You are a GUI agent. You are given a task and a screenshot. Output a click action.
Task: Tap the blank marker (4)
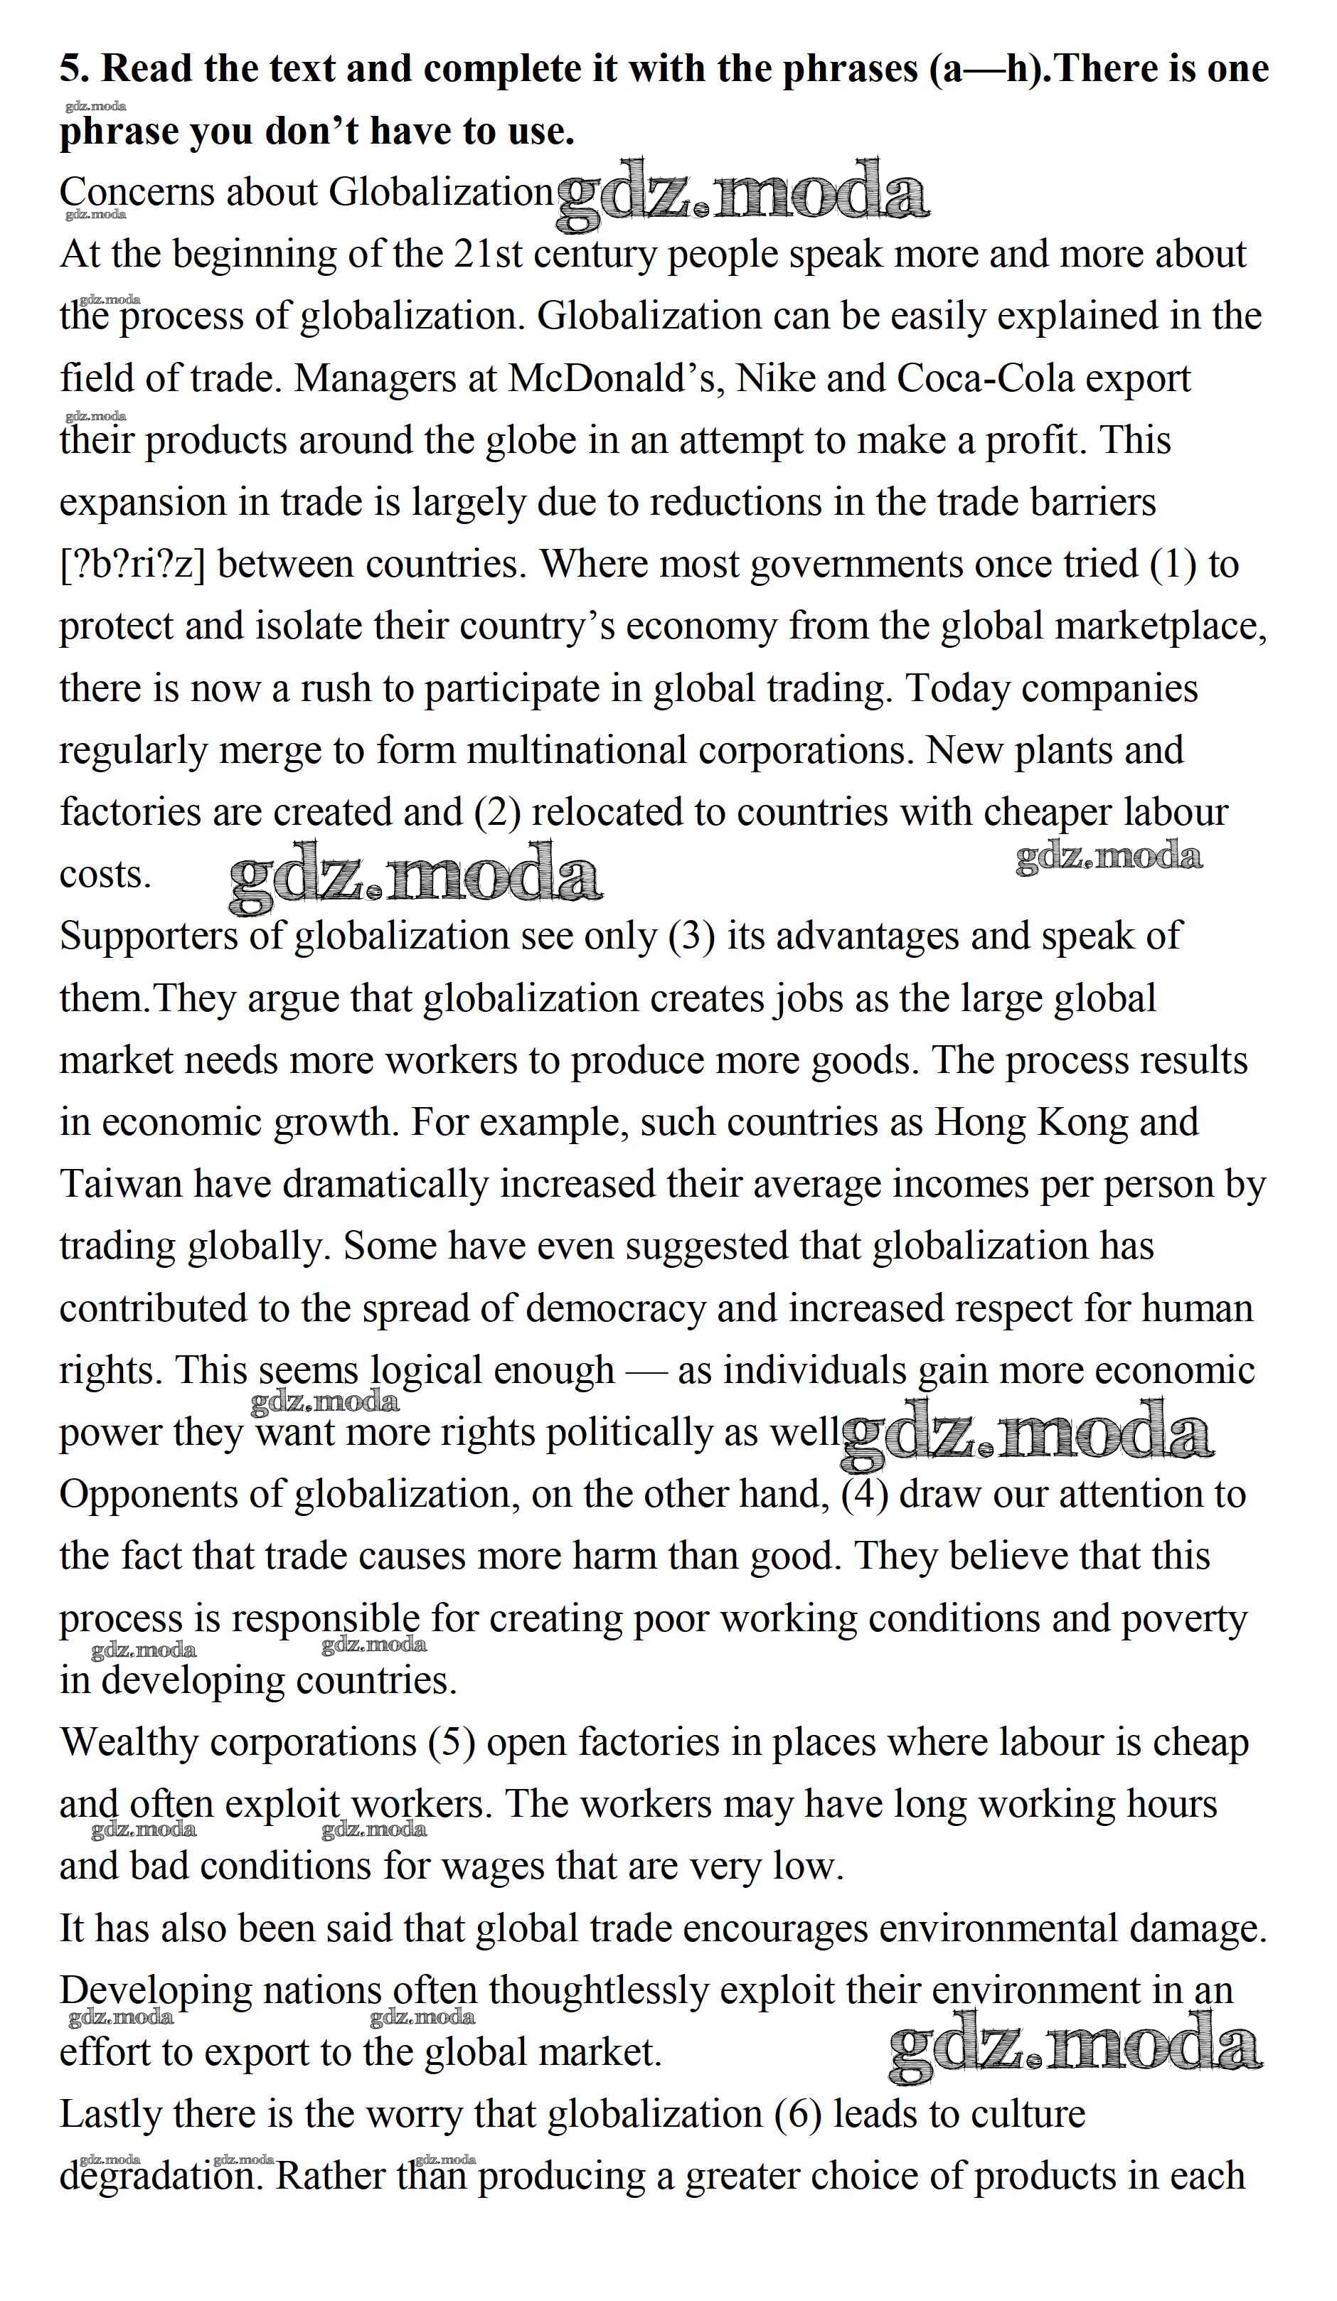click(864, 1495)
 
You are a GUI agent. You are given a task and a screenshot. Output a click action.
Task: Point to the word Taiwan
click(122, 1185)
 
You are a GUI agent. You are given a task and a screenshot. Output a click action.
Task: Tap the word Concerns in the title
click(137, 193)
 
